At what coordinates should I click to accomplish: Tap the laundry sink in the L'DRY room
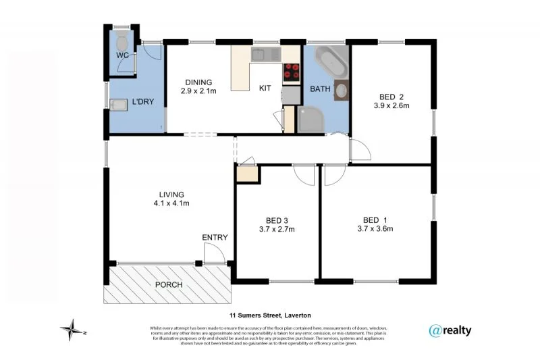pos(119,104)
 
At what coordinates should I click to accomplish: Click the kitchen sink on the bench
pos(264,54)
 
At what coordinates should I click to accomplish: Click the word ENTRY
pos(215,237)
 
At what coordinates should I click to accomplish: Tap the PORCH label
pos(169,284)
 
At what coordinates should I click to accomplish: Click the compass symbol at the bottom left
pos(70,330)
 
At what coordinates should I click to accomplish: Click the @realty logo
pos(450,330)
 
